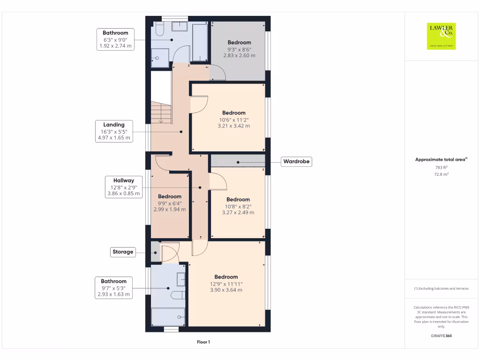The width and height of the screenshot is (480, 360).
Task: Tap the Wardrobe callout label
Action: pos(297,162)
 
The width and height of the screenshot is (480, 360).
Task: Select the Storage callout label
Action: pos(123,252)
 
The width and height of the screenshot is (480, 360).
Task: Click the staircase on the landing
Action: pos(161,113)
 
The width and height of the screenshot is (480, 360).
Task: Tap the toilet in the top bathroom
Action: pos(158,30)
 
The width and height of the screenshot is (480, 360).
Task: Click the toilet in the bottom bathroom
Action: pos(178,295)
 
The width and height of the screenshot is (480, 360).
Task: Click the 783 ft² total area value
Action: pos(442,167)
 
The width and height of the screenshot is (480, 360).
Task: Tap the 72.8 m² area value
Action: pos(442,174)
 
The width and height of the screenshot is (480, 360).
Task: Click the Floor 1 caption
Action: pos(203,342)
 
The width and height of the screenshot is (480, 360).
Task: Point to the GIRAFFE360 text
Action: pos(441,336)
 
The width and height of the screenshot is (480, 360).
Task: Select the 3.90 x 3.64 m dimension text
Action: pos(226,290)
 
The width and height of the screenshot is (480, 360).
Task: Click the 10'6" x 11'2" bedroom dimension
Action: pos(233,120)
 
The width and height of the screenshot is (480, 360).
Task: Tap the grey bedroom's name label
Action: pos(239,42)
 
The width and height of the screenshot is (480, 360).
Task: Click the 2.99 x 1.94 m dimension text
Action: pos(170,210)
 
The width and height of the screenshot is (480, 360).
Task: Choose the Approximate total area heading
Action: pos(441,160)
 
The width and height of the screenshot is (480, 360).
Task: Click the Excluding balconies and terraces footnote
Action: pos(441,289)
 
